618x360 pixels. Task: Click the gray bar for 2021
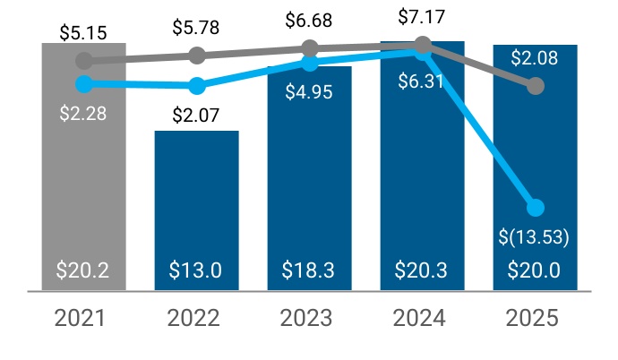click(83, 179)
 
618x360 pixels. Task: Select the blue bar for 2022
click(197, 206)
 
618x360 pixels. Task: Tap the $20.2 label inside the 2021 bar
click(83, 270)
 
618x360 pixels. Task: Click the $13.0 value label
click(196, 270)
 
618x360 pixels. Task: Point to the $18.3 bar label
click(309, 270)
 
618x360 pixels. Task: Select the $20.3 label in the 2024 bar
click(422, 270)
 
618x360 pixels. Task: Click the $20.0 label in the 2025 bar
click(535, 270)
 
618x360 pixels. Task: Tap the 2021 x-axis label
click(83, 319)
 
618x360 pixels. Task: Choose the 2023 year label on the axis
click(309, 319)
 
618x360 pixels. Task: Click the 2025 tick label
click(535, 319)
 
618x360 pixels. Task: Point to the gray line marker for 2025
click(536, 86)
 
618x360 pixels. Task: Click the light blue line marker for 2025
click(536, 208)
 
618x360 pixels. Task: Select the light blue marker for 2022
click(197, 86)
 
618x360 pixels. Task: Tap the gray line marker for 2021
click(84, 61)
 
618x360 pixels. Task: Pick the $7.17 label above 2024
click(422, 15)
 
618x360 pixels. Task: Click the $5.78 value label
click(196, 28)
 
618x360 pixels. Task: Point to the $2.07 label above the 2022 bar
click(196, 115)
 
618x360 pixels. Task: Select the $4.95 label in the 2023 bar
click(309, 90)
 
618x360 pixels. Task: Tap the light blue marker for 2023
click(310, 64)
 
